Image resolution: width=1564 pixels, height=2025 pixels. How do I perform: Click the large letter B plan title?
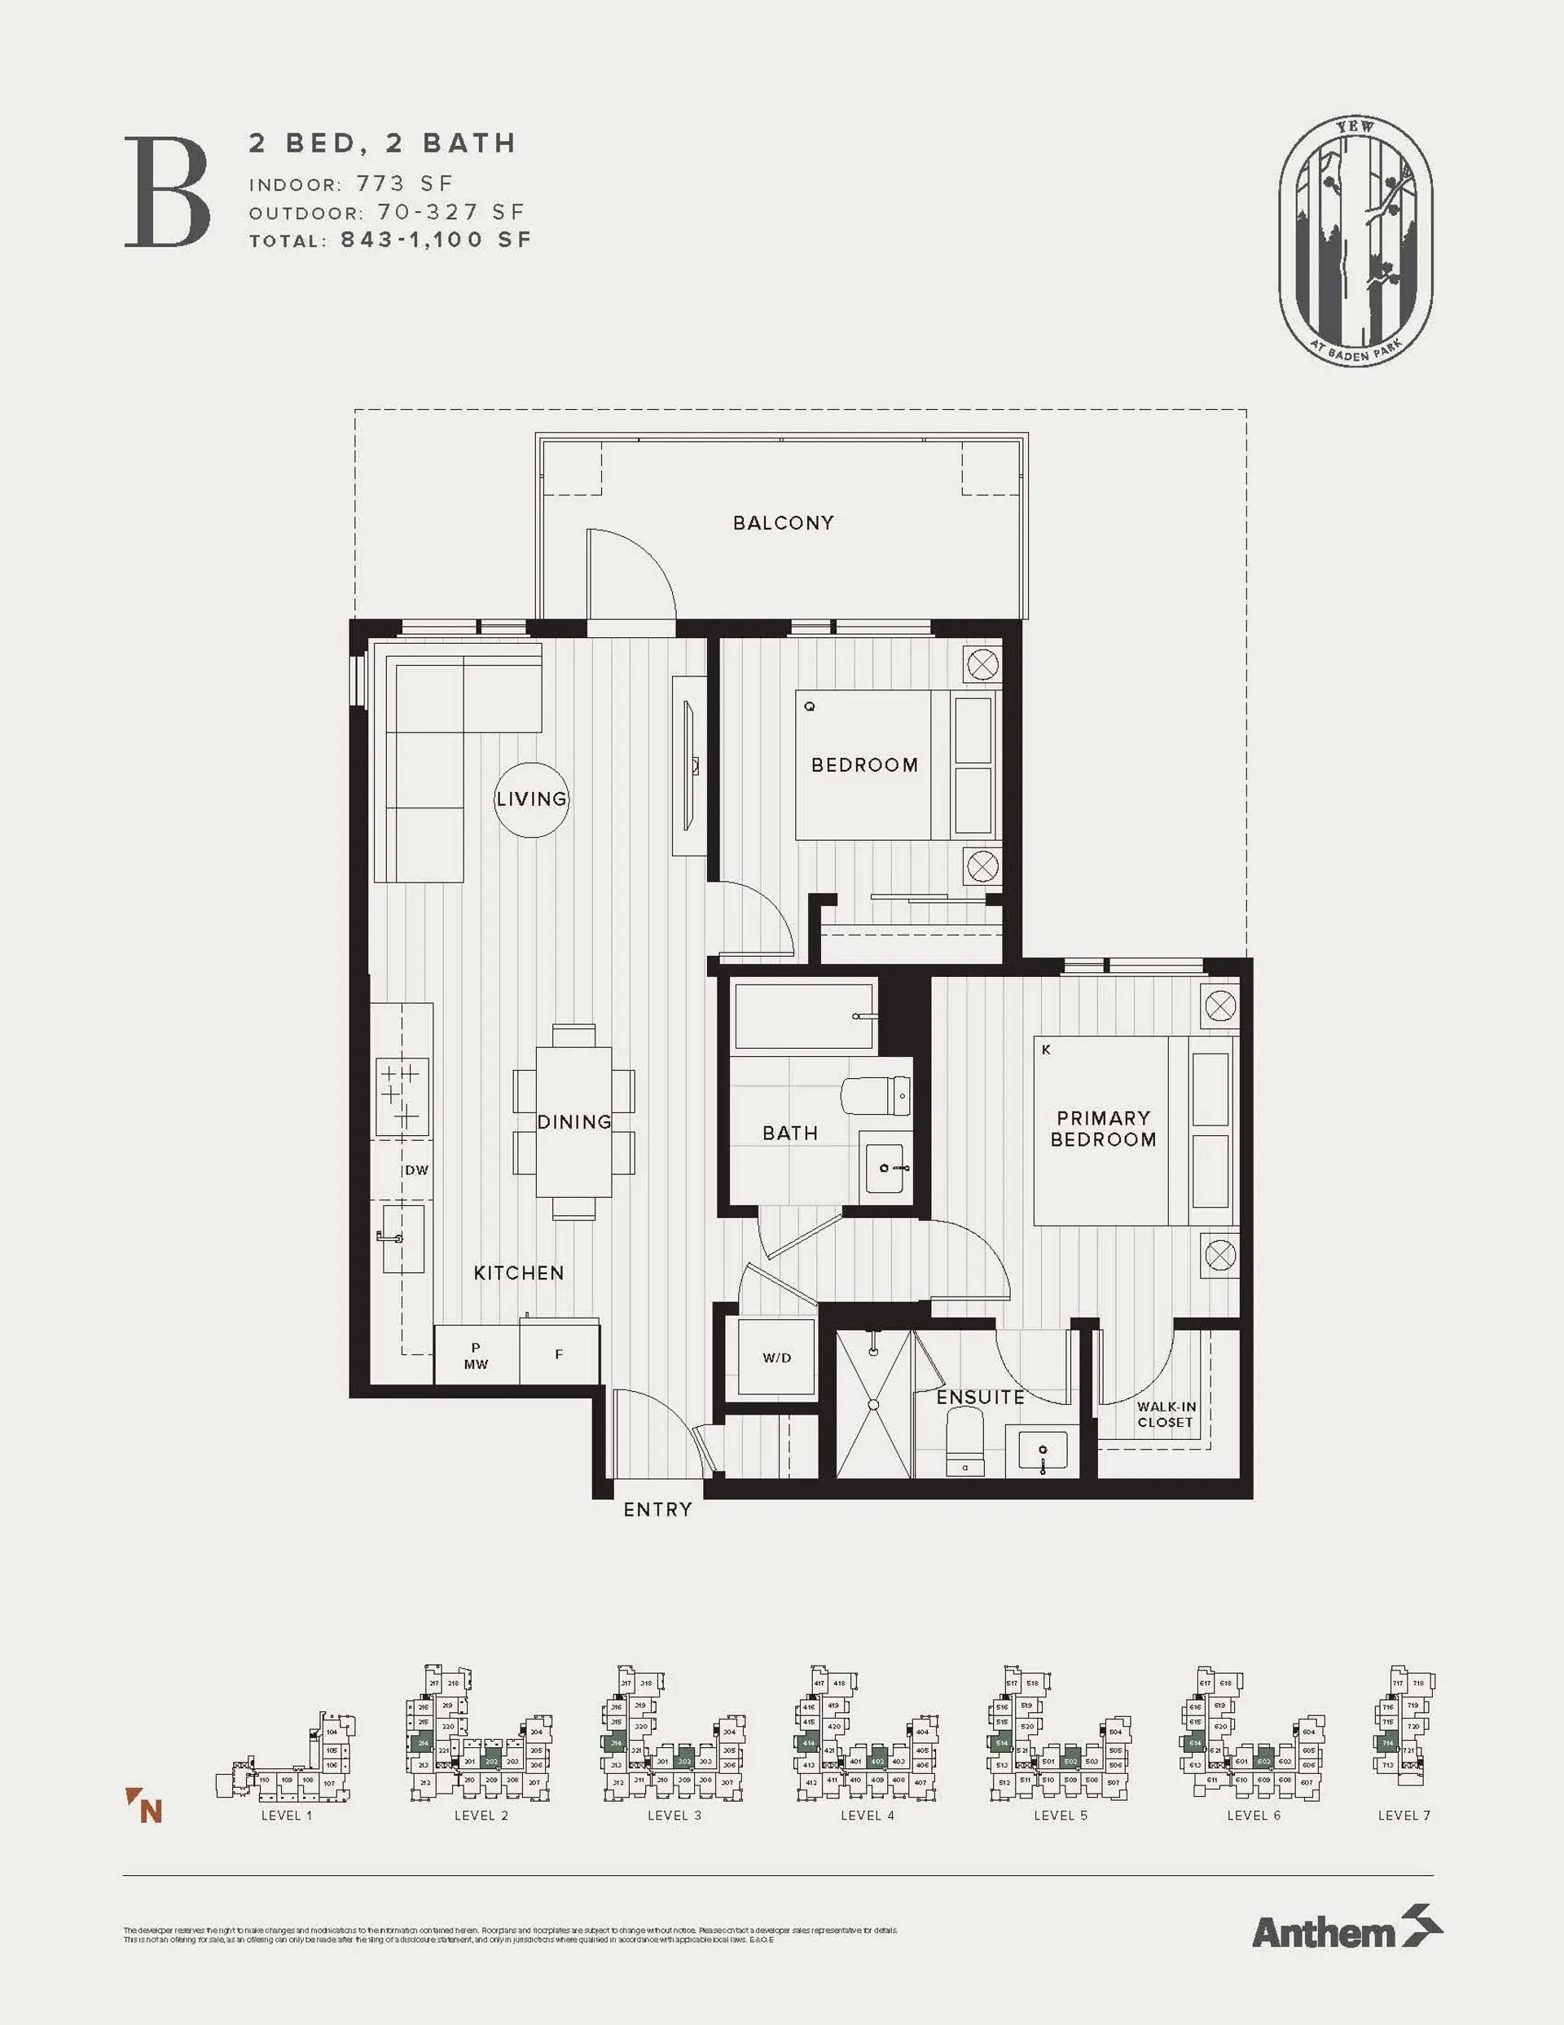pyautogui.click(x=168, y=192)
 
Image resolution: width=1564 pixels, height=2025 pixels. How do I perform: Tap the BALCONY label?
pyautogui.click(x=784, y=523)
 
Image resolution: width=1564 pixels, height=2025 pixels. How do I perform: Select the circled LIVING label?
pyautogui.click(x=531, y=799)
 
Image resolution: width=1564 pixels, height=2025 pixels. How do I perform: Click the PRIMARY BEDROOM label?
pyautogui.click(x=1102, y=1129)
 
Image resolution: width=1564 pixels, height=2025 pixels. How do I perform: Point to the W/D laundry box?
pyautogui.click(x=777, y=1358)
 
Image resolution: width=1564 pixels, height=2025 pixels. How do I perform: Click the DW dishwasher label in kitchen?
pyautogui.click(x=416, y=1170)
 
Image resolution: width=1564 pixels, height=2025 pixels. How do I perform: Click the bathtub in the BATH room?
pyautogui.click(x=805, y=1016)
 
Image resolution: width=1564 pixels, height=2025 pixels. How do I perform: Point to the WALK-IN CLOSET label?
pyautogui.click(x=1166, y=1414)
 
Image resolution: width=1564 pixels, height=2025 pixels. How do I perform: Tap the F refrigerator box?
pyautogui.click(x=559, y=1354)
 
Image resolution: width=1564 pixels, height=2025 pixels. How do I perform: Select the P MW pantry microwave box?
pyautogui.click(x=477, y=1355)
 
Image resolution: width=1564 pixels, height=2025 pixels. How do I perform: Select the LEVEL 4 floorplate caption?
pyautogui.click(x=867, y=1816)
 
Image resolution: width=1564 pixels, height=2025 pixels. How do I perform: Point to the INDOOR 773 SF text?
pyautogui.click(x=351, y=183)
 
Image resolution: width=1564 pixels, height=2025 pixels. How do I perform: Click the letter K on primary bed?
pyautogui.click(x=1046, y=1050)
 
